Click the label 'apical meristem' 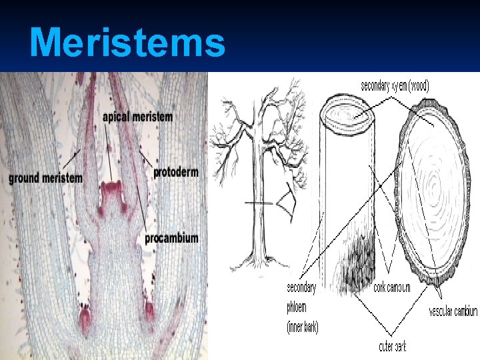click(x=137, y=117)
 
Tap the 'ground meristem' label click(x=46, y=178)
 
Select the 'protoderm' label click(x=176, y=173)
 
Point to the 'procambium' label click(x=171, y=238)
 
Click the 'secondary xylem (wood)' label click(x=395, y=85)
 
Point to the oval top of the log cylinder click(x=346, y=120)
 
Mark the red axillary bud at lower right click(x=149, y=310)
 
